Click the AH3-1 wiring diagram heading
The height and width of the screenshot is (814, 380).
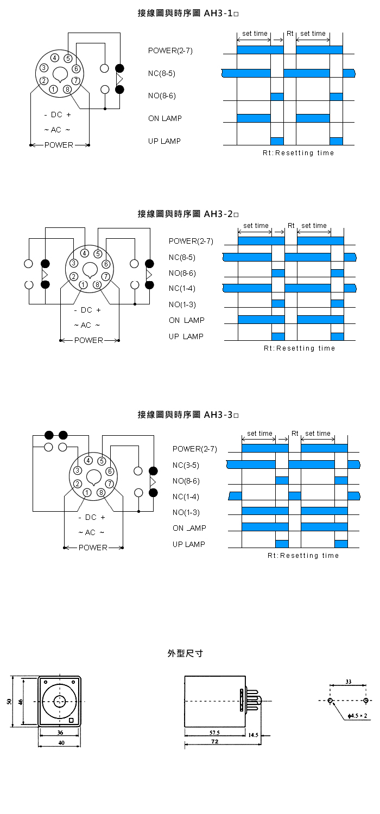tap(188, 12)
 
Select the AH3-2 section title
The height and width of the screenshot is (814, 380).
tap(188, 214)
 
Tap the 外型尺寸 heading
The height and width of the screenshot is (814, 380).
tap(185, 653)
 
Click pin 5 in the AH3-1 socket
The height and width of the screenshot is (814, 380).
tap(68, 58)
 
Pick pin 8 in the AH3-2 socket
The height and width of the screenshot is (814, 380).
tap(97, 284)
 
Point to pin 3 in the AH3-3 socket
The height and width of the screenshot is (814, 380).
tap(78, 470)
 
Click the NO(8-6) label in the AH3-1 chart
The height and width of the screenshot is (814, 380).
tap(162, 96)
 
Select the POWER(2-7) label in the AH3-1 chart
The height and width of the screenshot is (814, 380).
tap(170, 51)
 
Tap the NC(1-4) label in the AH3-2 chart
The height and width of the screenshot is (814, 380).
tap(182, 288)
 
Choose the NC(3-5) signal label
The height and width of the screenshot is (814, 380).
tap(186, 465)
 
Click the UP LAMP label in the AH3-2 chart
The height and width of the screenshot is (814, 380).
tap(186, 336)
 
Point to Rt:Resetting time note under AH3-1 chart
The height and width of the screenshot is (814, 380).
tap(298, 153)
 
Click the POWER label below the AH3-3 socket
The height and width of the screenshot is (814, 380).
tap(93, 548)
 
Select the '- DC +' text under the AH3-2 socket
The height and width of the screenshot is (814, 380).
tap(87, 310)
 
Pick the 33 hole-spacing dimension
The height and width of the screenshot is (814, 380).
tap(348, 682)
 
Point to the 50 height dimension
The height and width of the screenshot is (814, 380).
tap(9, 702)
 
